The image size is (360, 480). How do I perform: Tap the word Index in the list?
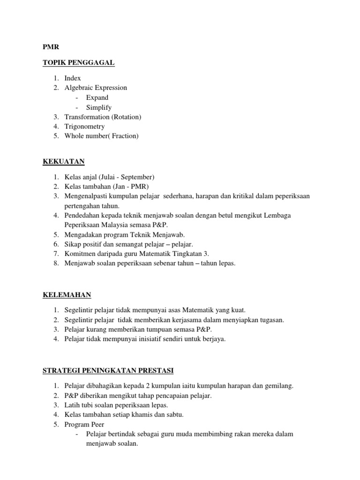73,78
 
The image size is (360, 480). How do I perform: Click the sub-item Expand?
97,97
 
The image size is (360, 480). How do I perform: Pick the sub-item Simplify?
99,107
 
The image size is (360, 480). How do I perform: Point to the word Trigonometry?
85,127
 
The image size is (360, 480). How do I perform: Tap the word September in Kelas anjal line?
137,177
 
